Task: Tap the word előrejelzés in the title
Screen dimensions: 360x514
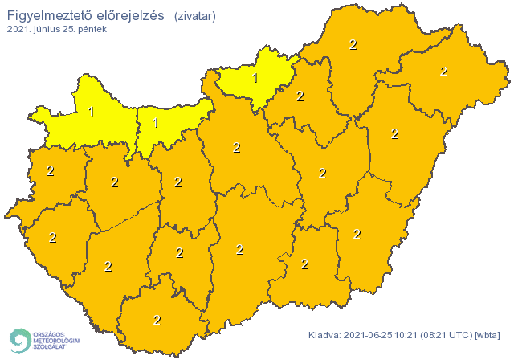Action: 132,15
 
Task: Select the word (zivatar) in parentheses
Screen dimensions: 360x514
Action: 194,15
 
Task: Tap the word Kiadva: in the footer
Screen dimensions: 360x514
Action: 325,335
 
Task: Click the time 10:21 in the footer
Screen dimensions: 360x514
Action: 410,335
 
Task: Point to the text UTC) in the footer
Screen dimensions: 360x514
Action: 459,335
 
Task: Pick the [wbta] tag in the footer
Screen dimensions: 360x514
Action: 488,335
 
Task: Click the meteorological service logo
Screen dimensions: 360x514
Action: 44,340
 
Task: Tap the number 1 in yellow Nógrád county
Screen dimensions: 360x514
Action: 255,78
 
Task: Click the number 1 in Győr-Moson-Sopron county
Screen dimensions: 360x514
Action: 91,112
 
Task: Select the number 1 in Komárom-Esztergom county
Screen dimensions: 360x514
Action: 155,123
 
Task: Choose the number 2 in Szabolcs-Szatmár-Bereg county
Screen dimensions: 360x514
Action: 443,72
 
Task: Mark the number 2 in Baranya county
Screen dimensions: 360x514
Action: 157,320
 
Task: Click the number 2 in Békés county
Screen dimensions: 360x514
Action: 357,234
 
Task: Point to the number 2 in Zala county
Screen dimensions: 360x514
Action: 53,237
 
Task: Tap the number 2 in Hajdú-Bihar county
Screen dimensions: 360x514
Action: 394,133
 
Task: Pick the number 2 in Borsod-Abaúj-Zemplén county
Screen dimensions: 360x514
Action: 353,45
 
